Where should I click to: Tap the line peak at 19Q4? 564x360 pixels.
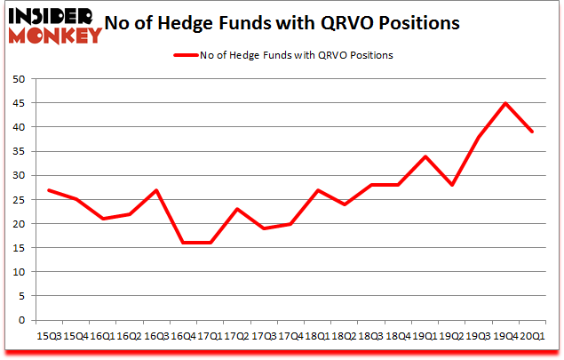pos(505,103)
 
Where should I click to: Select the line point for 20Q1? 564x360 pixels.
pos(531,132)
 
